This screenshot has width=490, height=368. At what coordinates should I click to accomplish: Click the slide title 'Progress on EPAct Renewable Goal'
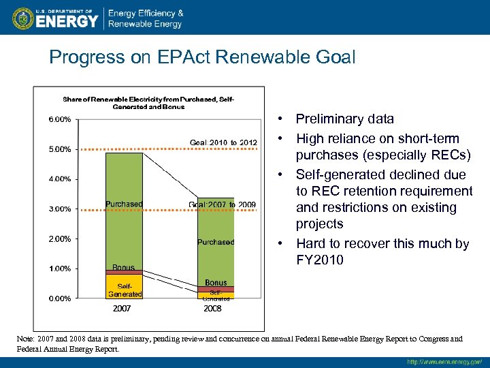click(202, 57)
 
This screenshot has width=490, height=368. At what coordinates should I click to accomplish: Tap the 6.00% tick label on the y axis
click(59, 119)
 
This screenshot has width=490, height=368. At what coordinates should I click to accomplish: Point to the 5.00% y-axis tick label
click(59, 149)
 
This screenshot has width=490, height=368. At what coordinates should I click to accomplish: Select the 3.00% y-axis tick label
click(59, 209)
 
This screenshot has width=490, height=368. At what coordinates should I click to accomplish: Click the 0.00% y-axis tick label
click(59, 298)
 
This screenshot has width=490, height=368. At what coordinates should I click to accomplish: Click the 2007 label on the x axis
click(122, 309)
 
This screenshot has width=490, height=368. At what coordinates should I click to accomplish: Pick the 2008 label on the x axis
click(213, 309)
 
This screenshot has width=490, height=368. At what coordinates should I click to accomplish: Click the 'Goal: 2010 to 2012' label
click(223, 142)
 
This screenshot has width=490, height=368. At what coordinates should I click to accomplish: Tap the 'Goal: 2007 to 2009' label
click(222, 204)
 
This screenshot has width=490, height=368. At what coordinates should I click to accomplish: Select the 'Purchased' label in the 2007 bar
click(124, 204)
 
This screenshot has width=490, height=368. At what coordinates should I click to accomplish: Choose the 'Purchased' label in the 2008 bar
click(216, 242)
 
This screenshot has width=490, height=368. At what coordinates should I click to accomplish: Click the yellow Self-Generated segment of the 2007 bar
click(124, 287)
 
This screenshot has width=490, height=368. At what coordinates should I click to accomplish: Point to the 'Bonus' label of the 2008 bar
click(216, 283)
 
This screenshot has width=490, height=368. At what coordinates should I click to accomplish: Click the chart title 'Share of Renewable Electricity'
click(148, 103)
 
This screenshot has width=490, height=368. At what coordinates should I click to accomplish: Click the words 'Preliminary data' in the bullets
click(344, 119)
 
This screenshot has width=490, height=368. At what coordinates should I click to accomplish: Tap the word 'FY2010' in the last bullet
click(320, 260)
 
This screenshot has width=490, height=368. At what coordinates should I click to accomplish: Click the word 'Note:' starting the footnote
click(27, 339)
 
